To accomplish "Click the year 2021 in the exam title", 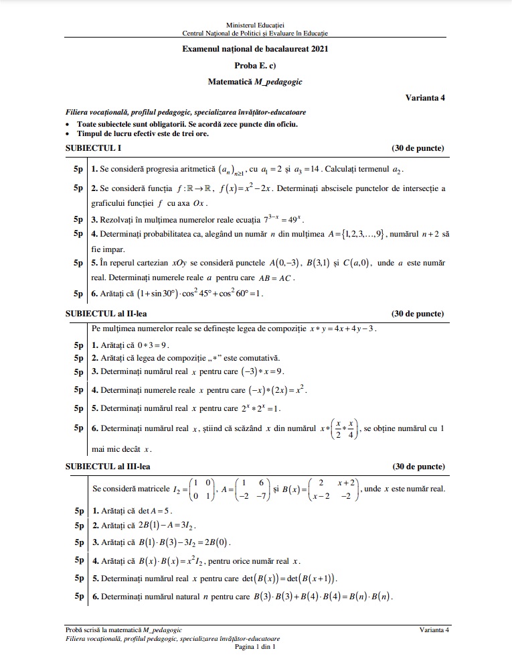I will point(318,49).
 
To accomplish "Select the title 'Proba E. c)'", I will point(255,66).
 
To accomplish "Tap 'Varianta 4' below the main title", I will point(425,97).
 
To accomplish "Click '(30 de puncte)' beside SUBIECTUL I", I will point(418,148).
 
